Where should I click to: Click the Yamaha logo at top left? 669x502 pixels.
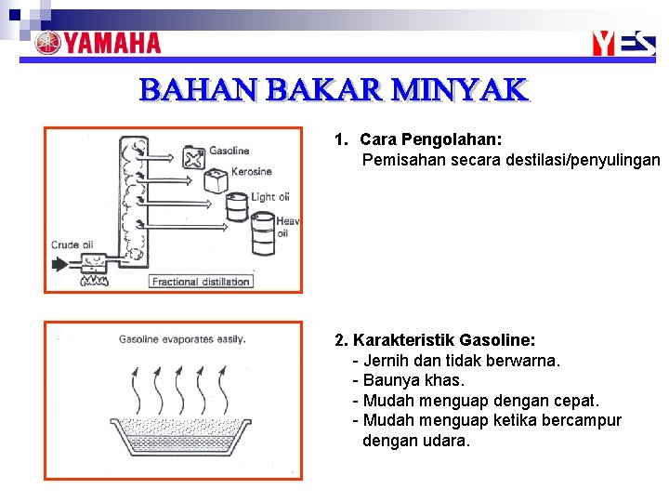[98, 43]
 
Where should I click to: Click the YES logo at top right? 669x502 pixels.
[624, 43]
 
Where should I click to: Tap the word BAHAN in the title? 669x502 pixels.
[199, 90]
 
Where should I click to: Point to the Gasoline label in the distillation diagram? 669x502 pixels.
[229, 151]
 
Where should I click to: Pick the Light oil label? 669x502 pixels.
[269, 197]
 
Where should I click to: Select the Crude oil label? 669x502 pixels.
[72, 245]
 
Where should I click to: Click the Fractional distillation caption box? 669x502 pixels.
[201, 282]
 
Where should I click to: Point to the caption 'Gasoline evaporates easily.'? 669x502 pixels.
[182, 339]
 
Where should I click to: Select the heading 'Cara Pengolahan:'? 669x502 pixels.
[430, 139]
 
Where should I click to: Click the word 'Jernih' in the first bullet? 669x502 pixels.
[385, 361]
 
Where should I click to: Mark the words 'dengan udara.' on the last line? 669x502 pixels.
[416, 441]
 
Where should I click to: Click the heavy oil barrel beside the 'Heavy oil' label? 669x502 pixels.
[263, 232]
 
